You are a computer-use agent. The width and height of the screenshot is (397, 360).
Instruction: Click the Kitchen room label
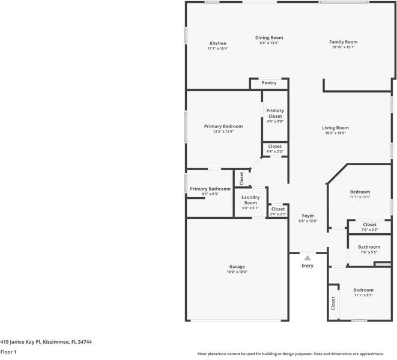click(217, 43)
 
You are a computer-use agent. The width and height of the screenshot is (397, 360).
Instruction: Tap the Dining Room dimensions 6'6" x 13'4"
click(268, 43)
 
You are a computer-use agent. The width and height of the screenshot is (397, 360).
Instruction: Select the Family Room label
click(343, 42)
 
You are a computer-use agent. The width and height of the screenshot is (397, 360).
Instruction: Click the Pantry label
click(269, 83)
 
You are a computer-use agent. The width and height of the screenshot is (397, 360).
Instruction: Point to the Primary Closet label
click(275, 113)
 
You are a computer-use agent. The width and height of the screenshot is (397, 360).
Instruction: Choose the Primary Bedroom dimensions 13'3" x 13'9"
click(223, 132)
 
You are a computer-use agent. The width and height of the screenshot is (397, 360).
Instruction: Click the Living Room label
click(335, 127)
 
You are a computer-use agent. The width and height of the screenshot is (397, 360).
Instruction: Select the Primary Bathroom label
click(210, 189)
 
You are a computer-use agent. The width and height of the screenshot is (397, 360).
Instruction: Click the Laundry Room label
click(250, 200)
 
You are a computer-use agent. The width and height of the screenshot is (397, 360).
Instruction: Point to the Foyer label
click(308, 216)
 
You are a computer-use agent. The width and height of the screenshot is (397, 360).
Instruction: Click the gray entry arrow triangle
click(308, 257)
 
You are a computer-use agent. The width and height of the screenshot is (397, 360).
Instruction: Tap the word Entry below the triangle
click(308, 266)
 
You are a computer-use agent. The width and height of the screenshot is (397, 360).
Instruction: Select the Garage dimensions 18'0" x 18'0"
click(237, 272)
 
